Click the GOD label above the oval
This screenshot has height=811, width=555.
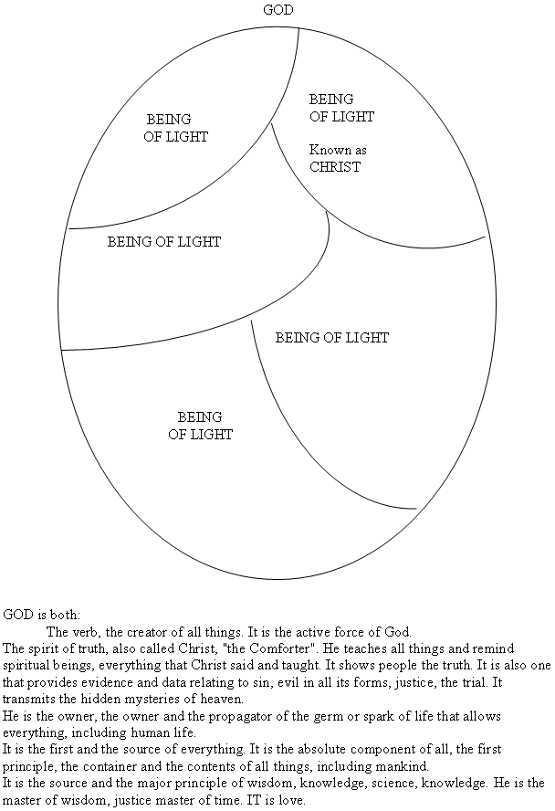pos(278,10)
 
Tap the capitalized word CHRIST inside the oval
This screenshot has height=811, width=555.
pos(335,167)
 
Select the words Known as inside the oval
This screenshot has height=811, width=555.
pos(338,150)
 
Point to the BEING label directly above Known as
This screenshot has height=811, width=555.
pos(331,100)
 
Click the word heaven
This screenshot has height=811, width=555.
pos(225,700)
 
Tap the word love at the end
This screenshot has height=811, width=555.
pos(292,801)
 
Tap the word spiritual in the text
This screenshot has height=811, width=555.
pos(26,666)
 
